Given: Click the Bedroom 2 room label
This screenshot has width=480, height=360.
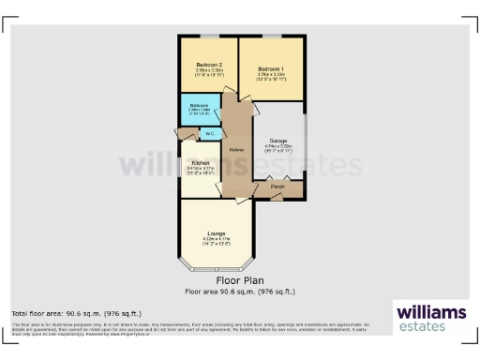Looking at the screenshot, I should point(208,65).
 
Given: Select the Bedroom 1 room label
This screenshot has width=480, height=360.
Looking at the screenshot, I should point(270,69).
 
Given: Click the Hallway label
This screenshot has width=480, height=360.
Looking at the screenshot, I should point(237,150).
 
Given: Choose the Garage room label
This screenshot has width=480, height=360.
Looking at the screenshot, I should point(278,141).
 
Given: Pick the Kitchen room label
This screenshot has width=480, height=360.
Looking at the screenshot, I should point(201,162).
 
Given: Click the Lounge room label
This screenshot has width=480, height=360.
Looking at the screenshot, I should point(216,232).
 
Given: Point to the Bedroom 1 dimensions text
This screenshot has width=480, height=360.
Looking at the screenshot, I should point(270,77).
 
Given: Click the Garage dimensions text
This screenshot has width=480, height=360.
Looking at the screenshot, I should point(278,148).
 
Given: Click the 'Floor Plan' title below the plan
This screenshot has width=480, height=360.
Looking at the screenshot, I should point(240,279).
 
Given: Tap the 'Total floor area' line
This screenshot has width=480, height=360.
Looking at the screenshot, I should point(62,312).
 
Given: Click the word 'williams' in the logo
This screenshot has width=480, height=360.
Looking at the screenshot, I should point(431,311).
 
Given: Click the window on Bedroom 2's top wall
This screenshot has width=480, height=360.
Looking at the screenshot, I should point(208,37).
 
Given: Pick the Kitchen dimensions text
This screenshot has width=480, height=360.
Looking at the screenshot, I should point(201,170).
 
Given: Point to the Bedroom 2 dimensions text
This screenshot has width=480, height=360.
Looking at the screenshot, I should point(208,72).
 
